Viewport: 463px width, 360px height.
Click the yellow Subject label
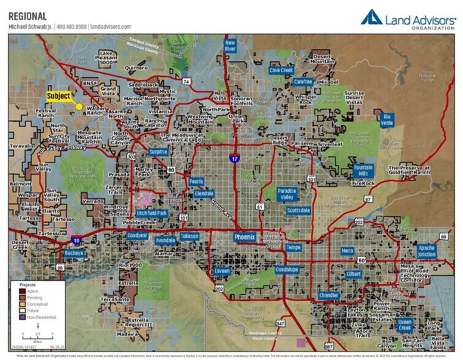(x=59, y=96)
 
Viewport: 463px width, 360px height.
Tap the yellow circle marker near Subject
(x=79, y=107)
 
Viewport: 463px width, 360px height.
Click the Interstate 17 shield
(x=235, y=159)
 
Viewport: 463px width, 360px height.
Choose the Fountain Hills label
(x=363, y=170)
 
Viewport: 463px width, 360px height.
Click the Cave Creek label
(x=281, y=70)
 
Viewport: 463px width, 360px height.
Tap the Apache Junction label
(x=427, y=251)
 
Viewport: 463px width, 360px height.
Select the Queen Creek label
(x=405, y=324)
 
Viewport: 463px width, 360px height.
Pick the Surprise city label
(x=158, y=152)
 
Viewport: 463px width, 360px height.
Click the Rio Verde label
(x=386, y=119)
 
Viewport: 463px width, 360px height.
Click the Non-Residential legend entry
(x=37, y=317)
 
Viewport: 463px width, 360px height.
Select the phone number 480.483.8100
(x=72, y=27)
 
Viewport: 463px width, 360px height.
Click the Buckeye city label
(x=73, y=253)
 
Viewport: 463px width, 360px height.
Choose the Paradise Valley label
(x=287, y=194)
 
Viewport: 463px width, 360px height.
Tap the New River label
(x=230, y=47)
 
